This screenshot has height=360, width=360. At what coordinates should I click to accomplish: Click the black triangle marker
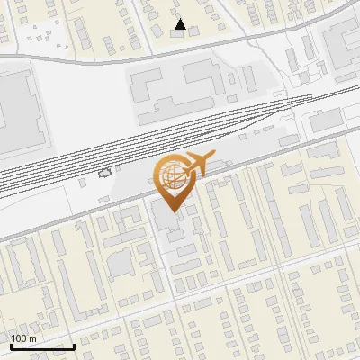tap(181, 24)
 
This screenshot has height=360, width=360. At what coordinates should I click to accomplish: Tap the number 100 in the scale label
tap(19, 338)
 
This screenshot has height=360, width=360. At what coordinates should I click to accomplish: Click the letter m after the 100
tap(32, 338)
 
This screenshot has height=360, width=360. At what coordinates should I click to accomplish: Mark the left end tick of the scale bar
tap(10, 346)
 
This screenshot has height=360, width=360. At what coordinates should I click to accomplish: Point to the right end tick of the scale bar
tap(74, 346)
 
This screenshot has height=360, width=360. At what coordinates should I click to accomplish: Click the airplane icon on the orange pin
tap(196, 164)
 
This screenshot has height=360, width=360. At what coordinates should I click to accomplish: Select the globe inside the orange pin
tap(171, 176)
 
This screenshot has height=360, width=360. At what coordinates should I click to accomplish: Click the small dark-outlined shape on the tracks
tap(105, 172)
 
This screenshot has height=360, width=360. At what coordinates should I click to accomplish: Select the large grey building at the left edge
tap(18, 112)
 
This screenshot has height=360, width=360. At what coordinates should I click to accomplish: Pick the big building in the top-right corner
tap(342, 36)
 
